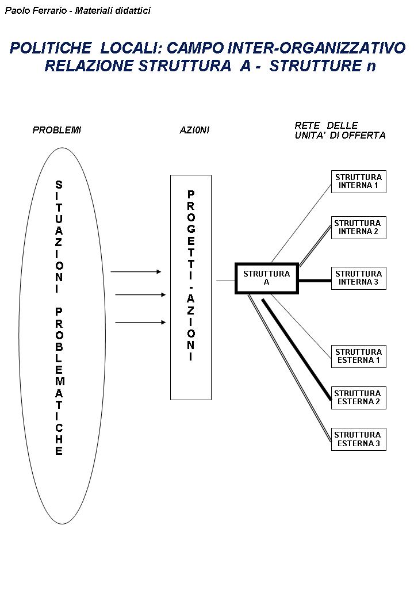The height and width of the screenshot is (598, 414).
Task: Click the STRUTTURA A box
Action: pyautogui.click(x=266, y=278)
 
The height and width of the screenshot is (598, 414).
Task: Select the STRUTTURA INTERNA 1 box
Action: pyautogui.click(x=358, y=181)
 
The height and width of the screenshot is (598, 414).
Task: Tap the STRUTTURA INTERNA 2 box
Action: pyautogui.click(x=358, y=227)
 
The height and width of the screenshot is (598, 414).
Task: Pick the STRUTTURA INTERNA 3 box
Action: pyautogui.click(x=358, y=278)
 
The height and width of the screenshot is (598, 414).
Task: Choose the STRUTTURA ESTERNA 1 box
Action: pyautogui.click(x=358, y=356)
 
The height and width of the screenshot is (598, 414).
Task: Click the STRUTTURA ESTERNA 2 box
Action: pyautogui.click(x=358, y=397)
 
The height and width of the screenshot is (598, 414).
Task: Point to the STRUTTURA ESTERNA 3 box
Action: pyautogui.click(x=358, y=439)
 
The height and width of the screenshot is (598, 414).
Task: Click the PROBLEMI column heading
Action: pyautogui.click(x=57, y=130)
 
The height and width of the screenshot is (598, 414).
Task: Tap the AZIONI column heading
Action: pyautogui.click(x=194, y=130)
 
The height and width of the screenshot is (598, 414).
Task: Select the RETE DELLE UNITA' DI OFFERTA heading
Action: pyautogui.click(x=340, y=131)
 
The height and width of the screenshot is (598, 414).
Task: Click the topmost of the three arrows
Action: pyautogui.click(x=136, y=271)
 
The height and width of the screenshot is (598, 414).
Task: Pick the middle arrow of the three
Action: pyautogui.click(x=140, y=295)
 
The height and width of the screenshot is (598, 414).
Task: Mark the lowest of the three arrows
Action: pyautogui.click(x=140, y=323)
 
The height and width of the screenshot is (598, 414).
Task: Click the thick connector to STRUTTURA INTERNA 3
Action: pyautogui.click(x=314, y=281)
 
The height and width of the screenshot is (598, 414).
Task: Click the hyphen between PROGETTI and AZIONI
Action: pyautogui.click(x=191, y=286)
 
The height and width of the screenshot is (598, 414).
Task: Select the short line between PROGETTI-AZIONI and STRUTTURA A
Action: pyautogui.click(x=225, y=281)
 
